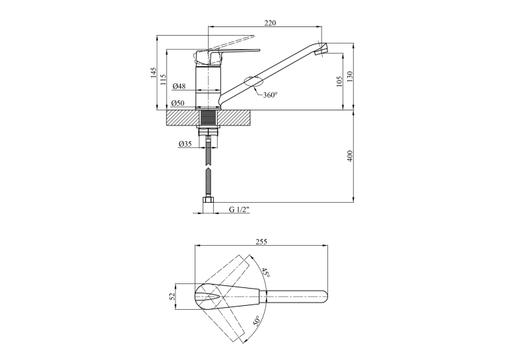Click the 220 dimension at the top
click(x=270, y=23)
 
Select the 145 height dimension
click(x=153, y=73)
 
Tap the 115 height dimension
click(x=163, y=80)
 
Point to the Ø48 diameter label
click(x=179, y=86)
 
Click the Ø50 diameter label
click(x=178, y=103)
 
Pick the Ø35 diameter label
click(x=185, y=144)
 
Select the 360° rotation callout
click(x=270, y=95)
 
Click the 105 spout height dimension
click(x=339, y=82)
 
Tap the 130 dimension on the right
click(x=350, y=77)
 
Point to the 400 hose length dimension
click(x=350, y=156)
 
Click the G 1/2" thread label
click(x=239, y=209)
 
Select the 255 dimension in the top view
click(x=261, y=242)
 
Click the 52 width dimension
click(x=172, y=296)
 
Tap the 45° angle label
click(x=266, y=272)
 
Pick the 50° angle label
click(x=257, y=320)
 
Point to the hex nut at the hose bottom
click(x=209, y=205)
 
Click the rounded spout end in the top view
click(x=324, y=297)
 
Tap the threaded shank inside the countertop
click(x=209, y=118)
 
